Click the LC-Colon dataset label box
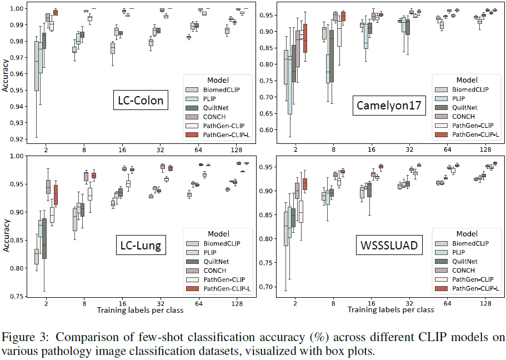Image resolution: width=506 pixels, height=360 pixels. [x=140, y=101]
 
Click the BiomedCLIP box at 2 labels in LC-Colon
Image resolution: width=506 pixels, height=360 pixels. [x=37, y=68]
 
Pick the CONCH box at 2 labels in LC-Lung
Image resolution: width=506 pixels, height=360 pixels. [x=48, y=187]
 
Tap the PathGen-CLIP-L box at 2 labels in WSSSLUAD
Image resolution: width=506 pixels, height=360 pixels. [x=304, y=184]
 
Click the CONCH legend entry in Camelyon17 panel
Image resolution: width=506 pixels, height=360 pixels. [x=463, y=116]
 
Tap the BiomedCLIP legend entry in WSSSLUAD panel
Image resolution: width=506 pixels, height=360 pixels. [x=470, y=243]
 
